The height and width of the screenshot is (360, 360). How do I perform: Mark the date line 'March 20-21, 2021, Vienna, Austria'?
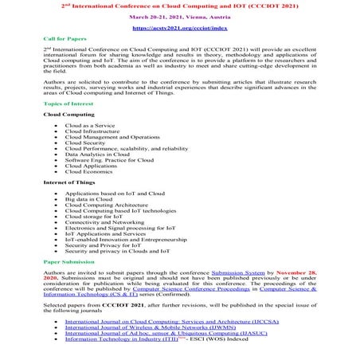point(179,15)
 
